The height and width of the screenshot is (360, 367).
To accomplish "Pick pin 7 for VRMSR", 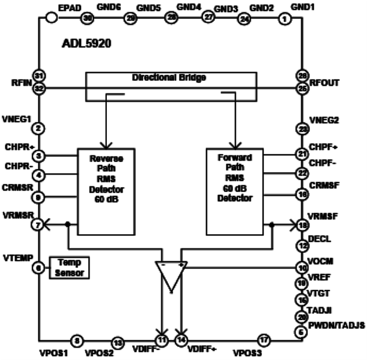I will coord(39,225).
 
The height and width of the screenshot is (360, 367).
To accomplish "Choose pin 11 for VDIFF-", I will coord(161,340).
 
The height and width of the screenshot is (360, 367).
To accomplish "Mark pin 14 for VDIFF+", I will coord(181,340).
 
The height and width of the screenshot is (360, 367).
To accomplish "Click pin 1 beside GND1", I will coord(284,19).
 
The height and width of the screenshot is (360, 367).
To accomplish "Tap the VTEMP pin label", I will coord(17,258).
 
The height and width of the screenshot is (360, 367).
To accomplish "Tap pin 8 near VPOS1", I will coord(77,340).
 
